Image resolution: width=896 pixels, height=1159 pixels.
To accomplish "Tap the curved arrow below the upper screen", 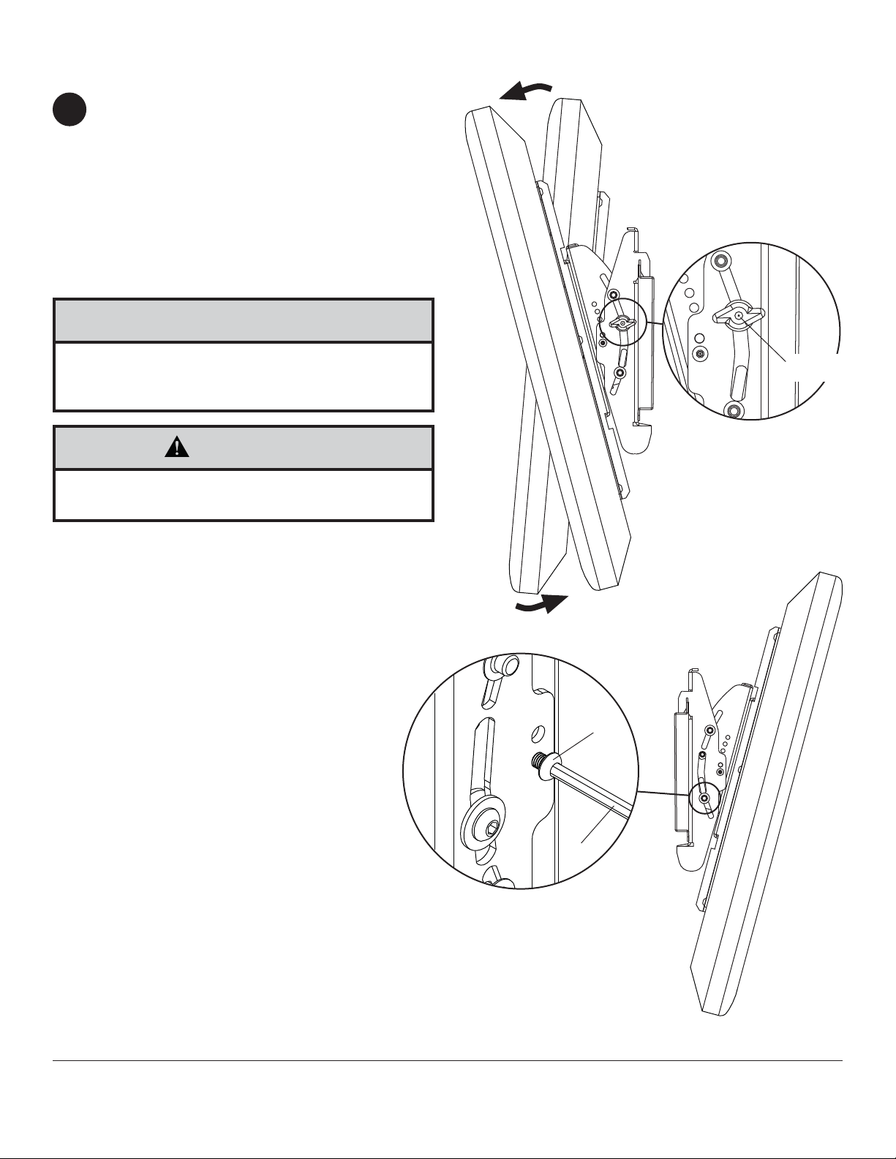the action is point(542,605).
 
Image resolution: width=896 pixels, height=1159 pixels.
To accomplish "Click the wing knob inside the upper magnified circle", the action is point(738,315).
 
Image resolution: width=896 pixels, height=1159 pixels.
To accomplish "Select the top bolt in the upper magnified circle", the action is point(721,260).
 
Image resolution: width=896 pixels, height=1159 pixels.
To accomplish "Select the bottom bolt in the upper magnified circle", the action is point(734,408).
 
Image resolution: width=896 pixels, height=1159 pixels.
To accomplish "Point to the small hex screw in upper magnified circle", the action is point(701,354).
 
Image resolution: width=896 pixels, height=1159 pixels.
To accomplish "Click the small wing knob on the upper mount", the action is point(620,323).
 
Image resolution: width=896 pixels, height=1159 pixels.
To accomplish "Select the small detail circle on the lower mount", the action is point(704,799).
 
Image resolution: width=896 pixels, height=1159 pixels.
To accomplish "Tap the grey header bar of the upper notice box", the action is point(244,320).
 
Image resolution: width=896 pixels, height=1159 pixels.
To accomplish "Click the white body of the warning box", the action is point(244,494).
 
